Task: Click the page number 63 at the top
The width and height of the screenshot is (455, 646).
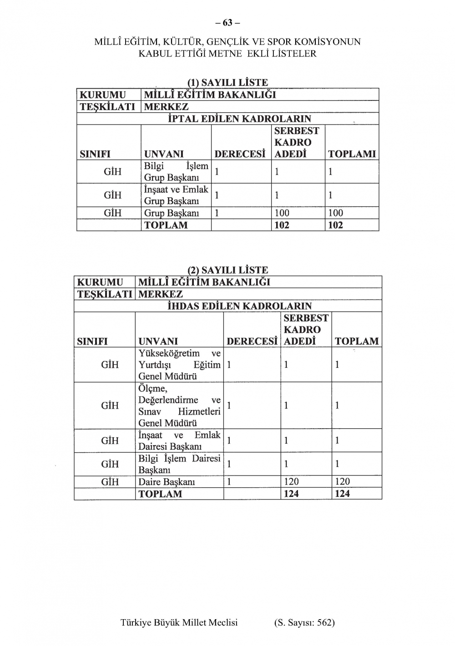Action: [x=227, y=22]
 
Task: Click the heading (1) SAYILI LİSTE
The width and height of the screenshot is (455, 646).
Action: [x=227, y=82]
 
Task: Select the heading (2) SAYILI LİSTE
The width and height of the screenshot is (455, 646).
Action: [x=227, y=270]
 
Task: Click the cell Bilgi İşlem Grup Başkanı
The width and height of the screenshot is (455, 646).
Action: [x=176, y=171]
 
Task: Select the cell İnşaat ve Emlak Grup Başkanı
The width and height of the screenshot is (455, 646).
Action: [x=176, y=195]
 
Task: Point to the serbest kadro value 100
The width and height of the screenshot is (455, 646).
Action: [x=282, y=213]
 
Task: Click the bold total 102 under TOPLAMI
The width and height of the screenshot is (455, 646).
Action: [x=335, y=225]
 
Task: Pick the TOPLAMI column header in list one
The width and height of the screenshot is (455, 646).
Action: [x=352, y=154]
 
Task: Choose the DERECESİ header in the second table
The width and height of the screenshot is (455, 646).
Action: [x=252, y=341]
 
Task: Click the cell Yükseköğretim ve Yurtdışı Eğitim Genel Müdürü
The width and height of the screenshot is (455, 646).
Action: [x=179, y=365]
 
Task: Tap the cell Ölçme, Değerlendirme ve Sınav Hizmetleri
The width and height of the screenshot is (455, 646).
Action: [x=179, y=406]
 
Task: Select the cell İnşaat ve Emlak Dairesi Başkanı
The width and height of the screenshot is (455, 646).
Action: [x=179, y=441]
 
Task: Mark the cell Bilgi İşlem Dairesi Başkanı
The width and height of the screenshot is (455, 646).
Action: [x=179, y=464]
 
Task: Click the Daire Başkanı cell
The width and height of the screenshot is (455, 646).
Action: [x=167, y=482]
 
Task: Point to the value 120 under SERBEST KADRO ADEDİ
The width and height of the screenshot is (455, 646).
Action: [x=291, y=482]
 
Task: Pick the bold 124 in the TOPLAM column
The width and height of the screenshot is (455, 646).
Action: [x=342, y=494]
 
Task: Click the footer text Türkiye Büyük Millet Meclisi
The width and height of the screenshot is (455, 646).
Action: [x=179, y=622]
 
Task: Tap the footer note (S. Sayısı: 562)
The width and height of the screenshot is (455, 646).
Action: [x=304, y=622]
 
